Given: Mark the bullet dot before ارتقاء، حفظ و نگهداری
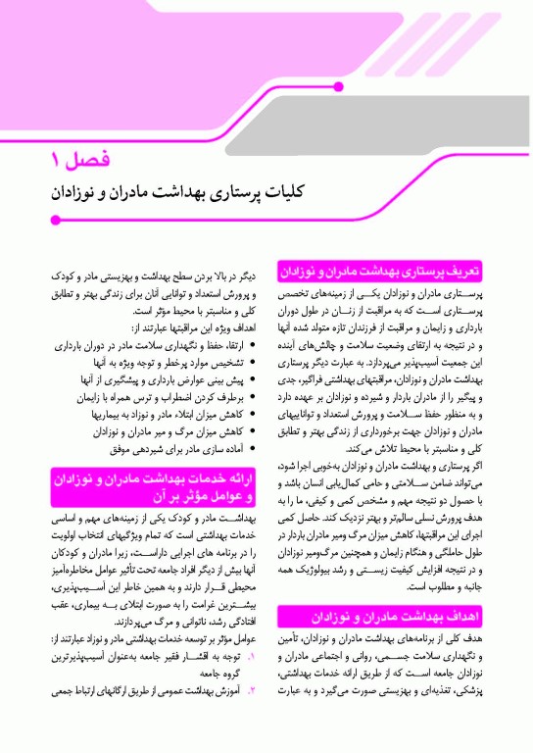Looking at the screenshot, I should coord(254,346).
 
